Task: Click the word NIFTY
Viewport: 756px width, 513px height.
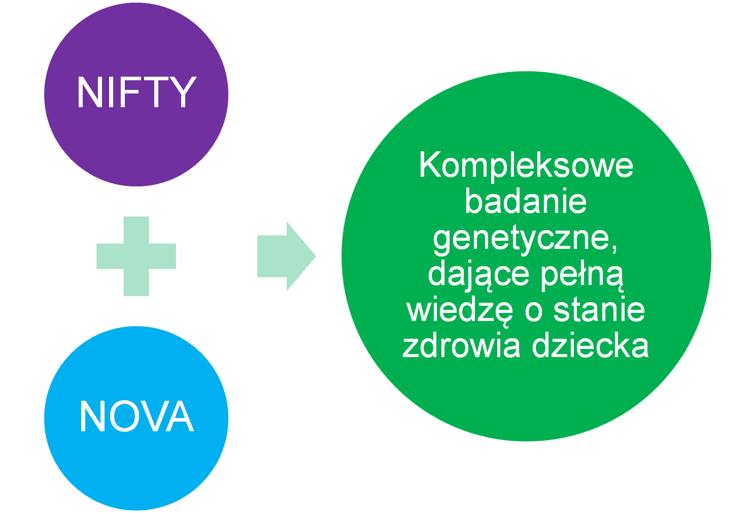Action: (136, 92)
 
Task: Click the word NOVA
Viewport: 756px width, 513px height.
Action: (136, 416)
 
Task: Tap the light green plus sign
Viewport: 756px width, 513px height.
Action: (136, 256)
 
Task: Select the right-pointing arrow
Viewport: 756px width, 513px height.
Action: (286, 256)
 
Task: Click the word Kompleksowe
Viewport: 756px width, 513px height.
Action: (526, 165)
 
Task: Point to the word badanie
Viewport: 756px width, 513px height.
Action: (526, 201)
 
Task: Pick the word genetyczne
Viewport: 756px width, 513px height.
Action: (523, 238)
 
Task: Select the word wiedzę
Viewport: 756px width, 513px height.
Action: (461, 310)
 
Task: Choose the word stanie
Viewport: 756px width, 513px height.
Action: (599, 310)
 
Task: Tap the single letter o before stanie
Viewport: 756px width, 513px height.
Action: (534, 311)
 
